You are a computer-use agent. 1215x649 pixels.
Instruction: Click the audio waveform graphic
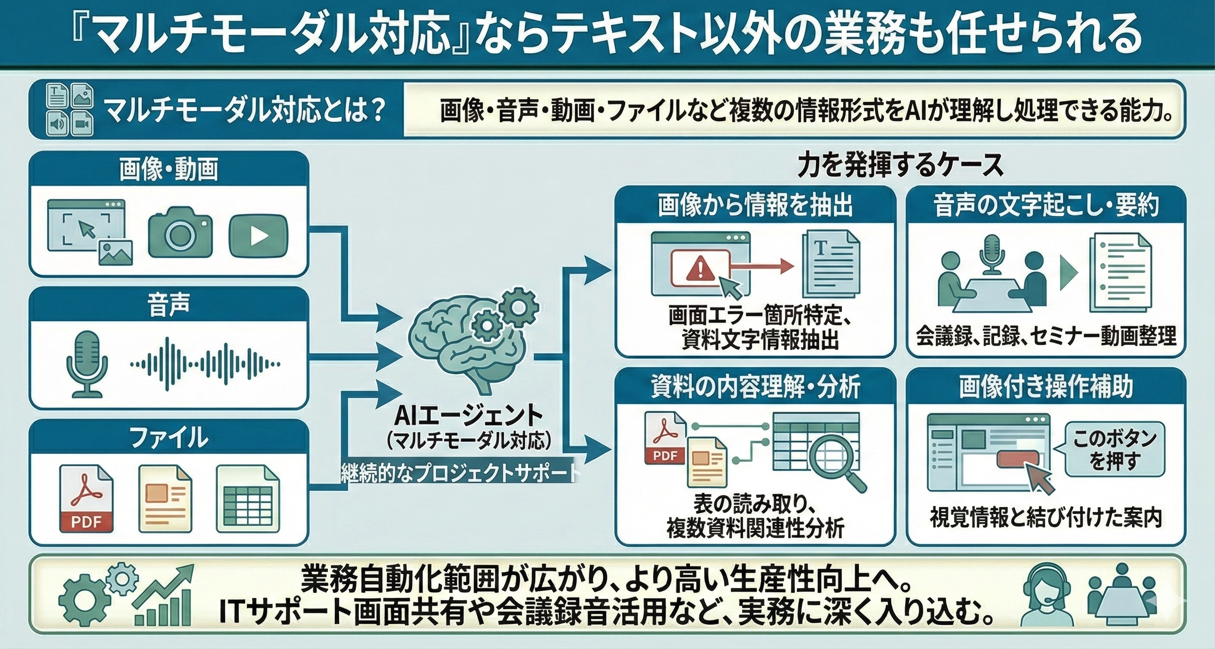pos(205,364)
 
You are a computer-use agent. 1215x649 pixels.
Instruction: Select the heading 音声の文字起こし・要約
pos(1046,206)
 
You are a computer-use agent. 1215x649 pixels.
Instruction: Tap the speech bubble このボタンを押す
pos(1115,448)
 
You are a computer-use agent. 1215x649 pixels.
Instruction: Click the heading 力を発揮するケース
pos(900,166)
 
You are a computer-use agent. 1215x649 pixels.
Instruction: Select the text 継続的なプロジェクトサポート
pos(459,473)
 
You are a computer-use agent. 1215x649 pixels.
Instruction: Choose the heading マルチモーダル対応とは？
pos(245,110)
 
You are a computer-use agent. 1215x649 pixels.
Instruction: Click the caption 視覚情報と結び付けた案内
pos(1046,518)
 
